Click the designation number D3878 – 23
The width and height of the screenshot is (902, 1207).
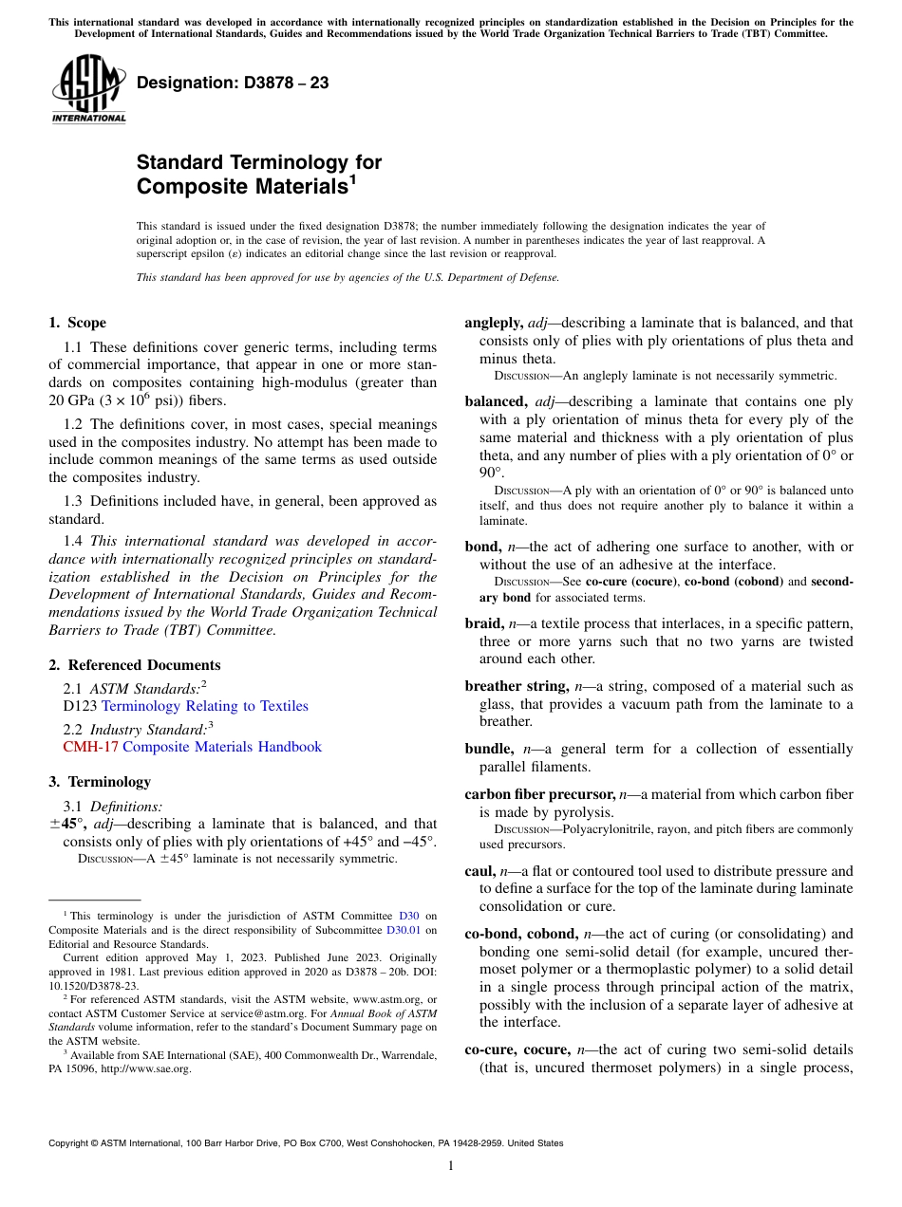pos(233,83)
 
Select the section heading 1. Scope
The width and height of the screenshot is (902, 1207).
pos(78,323)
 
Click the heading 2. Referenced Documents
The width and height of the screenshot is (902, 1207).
pos(135,665)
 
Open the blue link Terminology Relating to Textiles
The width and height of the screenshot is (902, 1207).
pos(204,706)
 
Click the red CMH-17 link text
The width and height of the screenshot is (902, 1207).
pos(90,747)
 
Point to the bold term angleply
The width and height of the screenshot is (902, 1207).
pos(493,323)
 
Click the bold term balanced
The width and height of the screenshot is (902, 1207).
pos(495,401)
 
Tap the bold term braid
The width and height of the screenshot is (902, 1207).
pos(483,622)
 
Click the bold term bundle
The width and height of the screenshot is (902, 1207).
pos(488,749)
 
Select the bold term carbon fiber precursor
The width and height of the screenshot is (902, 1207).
pos(539,794)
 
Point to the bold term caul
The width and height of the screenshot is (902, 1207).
pos(479,871)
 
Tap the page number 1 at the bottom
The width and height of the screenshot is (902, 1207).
pos(451,1166)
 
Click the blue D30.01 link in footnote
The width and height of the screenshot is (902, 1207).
pos(404,930)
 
